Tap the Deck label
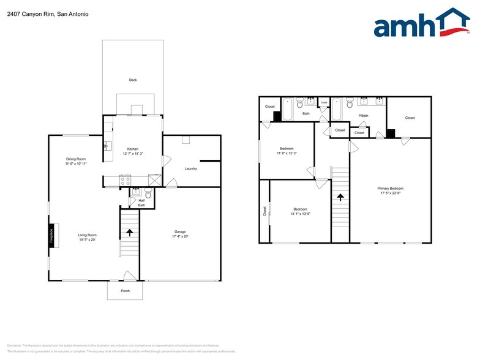click(133, 80)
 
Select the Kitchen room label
click(133, 149)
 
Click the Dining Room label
click(76, 159)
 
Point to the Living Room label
click(88, 235)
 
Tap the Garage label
click(180, 231)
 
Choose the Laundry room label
click(190, 168)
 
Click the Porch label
click(125, 291)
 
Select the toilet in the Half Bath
click(148, 195)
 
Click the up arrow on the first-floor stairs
click(129, 232)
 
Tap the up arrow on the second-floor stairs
click(339, 197)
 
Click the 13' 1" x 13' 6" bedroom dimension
click(300, 214)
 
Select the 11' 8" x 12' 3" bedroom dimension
click(287, 153)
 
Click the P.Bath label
click(364, 115)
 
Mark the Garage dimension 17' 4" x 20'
click(180, 236)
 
